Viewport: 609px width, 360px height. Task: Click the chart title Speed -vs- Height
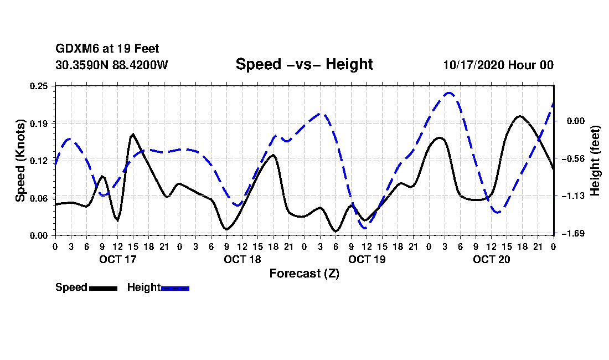coord(304,64)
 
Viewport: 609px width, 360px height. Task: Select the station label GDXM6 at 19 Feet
coord(107,49)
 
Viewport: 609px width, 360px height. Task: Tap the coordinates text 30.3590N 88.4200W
coord(112,65)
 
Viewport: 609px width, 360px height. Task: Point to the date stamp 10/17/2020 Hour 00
coord(498,65)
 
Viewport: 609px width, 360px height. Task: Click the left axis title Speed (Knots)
coord(20,160)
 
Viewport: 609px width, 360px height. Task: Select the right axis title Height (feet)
coord(595,160)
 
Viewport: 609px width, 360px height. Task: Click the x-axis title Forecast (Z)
coord(304,273)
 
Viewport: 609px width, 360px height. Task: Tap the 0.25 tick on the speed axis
coord(40,86)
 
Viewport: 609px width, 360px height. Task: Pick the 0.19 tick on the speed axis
coord(40,123)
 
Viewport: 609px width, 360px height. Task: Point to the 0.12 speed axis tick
coord(40,161)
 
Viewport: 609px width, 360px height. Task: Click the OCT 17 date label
coord(117,259)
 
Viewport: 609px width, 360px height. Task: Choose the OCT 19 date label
coord(367,259)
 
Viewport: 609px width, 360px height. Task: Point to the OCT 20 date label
coord(492,259)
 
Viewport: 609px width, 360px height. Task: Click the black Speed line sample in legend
coord(102,288)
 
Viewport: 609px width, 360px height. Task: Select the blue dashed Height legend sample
coord(175,288)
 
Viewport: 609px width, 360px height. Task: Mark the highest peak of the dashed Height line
coord(449,93)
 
